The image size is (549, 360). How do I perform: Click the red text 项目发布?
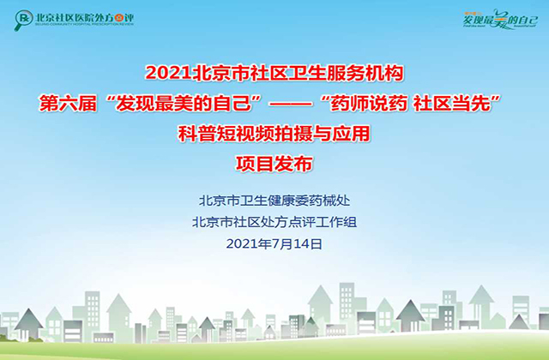coord(274,162)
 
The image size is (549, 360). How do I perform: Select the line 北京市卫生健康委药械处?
coord(274,202)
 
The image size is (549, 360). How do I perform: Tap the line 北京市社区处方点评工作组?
coord(274,223)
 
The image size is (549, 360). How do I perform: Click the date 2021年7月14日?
coord(274,244)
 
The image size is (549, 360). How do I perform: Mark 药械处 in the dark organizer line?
coord(332,202)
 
